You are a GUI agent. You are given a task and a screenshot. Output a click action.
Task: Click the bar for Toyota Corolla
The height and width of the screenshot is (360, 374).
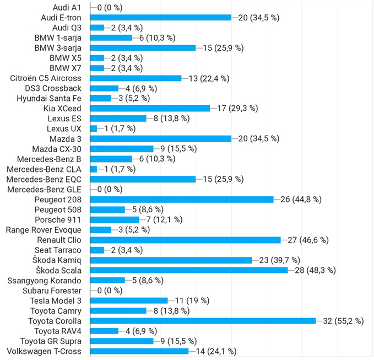point(203,321)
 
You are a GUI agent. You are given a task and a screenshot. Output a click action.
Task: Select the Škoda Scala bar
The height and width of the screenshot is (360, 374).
point(188,270)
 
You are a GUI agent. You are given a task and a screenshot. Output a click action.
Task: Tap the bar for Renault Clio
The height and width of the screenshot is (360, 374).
point(185,240)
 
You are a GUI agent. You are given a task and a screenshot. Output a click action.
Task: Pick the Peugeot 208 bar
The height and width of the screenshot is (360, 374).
point(182,199)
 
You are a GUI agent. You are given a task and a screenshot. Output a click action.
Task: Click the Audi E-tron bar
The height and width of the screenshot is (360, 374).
point(160,17)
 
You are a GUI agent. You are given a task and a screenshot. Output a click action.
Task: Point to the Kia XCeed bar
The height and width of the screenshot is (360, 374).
point(150,108)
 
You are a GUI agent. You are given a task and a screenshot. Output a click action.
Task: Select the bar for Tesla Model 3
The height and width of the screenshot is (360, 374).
point(128,300)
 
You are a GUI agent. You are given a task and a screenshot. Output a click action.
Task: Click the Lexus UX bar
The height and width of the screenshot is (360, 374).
point(93,128)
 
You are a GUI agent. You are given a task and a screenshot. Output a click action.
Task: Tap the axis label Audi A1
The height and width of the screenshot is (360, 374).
point(67,7)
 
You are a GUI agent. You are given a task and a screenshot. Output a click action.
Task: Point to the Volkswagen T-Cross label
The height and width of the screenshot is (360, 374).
point(44,351)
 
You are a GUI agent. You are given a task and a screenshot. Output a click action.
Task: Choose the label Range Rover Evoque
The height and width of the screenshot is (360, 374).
point(44,230)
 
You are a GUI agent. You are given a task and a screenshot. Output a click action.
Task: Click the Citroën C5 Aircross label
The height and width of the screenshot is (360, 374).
point(46,78)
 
